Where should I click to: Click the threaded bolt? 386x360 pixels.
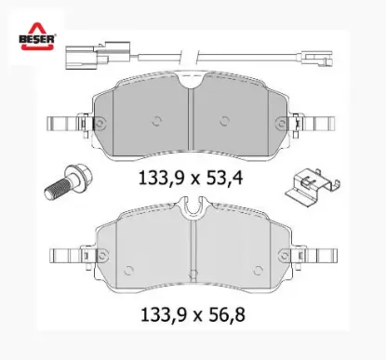coord(63,182)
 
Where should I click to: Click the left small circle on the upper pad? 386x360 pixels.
coord(155,118)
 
